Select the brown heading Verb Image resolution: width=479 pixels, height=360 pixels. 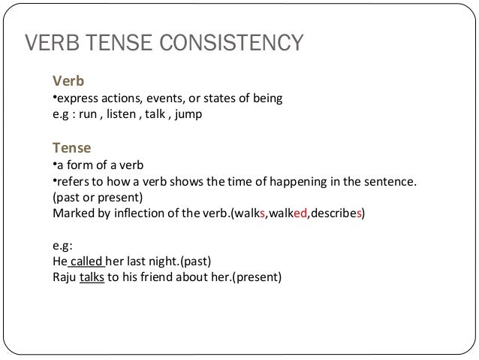66,80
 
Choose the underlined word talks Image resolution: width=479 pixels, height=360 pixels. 92,278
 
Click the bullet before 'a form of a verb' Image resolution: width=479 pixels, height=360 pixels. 54,164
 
